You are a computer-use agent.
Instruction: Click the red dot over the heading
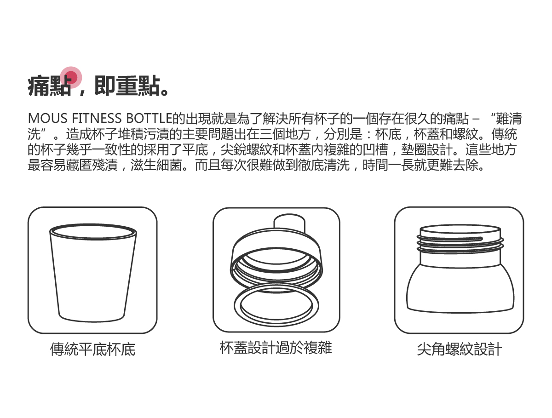72,77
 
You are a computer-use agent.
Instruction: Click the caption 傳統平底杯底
92,349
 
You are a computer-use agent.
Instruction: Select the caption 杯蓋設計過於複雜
276,348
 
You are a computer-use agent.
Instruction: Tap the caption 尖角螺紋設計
459,349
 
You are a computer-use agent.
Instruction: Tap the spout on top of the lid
289,224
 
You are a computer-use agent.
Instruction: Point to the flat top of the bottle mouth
459,229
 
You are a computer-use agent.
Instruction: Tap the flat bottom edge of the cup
92,320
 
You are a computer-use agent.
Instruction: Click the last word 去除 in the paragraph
466,165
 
